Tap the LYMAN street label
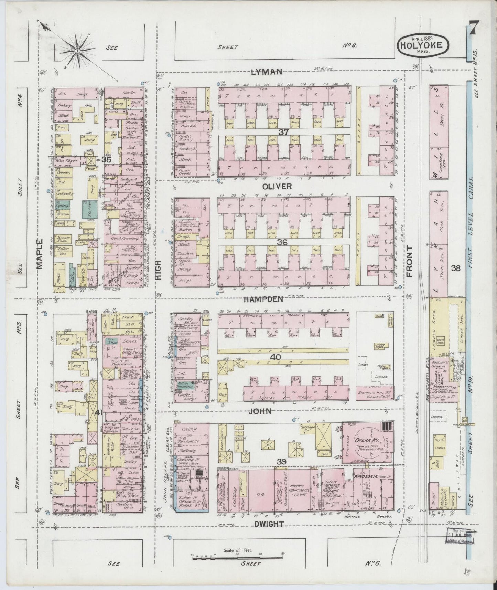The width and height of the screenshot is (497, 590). pyautogui.click(x=267, y=72)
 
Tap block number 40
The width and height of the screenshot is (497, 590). pyautogui.click(x=275, y=357)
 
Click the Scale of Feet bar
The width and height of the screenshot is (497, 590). pyautogui.click(x=238, y=556)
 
